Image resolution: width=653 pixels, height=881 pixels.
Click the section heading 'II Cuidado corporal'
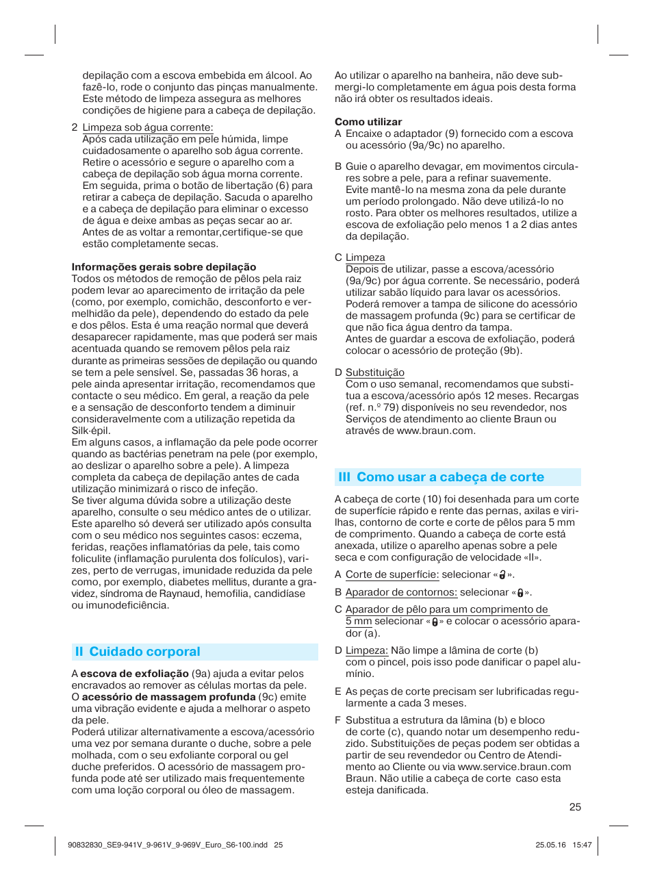point(138,652)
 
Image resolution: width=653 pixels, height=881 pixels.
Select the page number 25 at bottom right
point(575,807)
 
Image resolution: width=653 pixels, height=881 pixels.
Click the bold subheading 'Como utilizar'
point(368,122)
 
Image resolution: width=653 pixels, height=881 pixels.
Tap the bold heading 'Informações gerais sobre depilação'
point(164,267)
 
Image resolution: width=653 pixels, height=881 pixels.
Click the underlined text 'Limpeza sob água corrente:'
point(147,127)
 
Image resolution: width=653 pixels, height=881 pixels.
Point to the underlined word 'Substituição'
point(374,372)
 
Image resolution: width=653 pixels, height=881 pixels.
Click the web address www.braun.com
point(435,431)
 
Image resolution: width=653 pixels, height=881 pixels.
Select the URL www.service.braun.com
point(514,767)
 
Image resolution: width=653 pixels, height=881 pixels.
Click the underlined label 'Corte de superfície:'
point(392,575)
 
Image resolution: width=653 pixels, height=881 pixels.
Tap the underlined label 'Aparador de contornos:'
point(400,592)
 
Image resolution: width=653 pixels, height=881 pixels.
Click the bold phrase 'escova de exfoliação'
point(134,674)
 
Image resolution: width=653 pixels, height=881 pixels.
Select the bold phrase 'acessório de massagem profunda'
point(168,697)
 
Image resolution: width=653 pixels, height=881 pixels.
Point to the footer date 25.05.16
point(550,845)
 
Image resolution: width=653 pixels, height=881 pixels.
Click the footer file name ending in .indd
point(168,845)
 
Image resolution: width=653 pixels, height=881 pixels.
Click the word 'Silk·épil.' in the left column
point(91,431)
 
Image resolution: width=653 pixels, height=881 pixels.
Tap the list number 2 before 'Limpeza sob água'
point(74,127)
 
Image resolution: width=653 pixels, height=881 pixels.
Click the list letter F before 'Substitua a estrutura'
point(337,720)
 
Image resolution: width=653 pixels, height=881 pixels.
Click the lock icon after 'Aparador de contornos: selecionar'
point(520,593)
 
